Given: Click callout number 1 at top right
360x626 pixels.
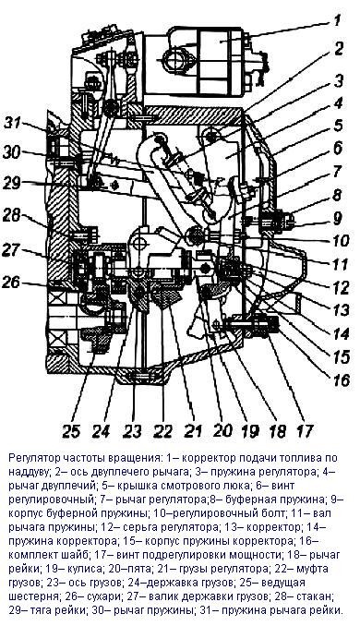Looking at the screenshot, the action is tap(338, 20).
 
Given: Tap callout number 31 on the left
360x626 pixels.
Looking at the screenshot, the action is tap(13, 124).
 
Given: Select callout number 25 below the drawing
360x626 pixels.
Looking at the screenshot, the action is tap(71, 431).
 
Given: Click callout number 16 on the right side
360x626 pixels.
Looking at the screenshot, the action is tap(342, 379).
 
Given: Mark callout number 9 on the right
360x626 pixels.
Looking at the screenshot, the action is tap(338, 218).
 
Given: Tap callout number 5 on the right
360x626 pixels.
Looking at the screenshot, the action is tap(338, 126).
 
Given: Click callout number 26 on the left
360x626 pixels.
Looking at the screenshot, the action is tap(11, 283).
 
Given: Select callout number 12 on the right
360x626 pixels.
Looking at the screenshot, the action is tap(342, 287).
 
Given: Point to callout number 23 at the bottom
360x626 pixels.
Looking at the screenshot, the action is tap(133, 431).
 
